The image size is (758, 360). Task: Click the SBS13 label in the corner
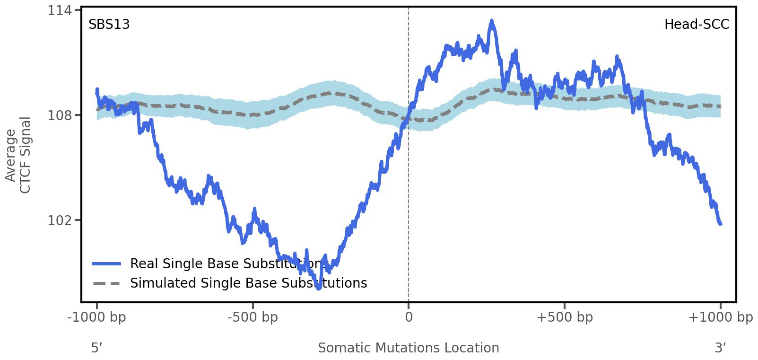click(109, 25)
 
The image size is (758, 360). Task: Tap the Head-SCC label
click(697, 25)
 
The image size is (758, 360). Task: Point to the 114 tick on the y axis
click(57, 10)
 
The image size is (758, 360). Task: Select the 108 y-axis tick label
click(57, 115)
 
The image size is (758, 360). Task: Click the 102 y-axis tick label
click(57, 220)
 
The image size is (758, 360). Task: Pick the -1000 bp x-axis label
click(97, 317)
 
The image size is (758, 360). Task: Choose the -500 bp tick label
click(253, 317)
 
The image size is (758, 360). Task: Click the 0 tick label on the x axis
click(409, 317)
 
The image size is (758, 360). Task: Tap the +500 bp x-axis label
click(565, 317)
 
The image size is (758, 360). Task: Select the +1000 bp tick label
click(720, 317)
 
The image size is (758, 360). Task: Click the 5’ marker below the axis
click(96, 348)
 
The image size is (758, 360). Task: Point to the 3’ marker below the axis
click(720, 348)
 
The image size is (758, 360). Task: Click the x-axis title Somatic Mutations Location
click(409, 348)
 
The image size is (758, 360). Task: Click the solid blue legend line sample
click(107, 263)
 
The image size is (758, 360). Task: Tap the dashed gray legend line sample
click(107, 283)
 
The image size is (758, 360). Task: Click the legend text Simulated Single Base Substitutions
click(248, 283)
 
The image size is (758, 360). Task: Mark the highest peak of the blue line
click(492, 21)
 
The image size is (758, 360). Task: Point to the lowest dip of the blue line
click(319, 288)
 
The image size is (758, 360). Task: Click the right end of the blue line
click(720, 224)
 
